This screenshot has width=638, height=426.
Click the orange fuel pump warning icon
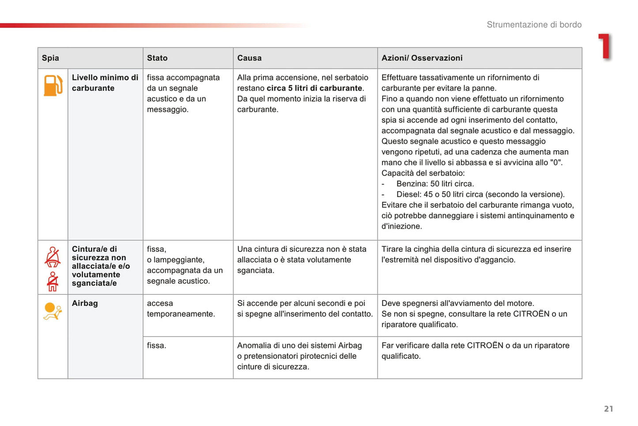coord(53,85)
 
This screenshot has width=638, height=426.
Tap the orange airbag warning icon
coord(52,311)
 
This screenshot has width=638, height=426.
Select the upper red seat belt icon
coord(53,257)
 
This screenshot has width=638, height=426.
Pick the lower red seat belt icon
coord(53,281)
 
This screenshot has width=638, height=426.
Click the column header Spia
coord(50,58)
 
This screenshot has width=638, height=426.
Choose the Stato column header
coord(157,58)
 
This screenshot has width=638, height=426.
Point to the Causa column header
coord(249,58)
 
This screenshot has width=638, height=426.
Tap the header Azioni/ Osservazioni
coord(422,58)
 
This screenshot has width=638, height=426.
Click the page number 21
coord(608,409)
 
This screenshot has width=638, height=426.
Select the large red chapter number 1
coord(605,46)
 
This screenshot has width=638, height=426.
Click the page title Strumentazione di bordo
coord(534,25)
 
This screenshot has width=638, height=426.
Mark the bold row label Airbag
coord(85,303)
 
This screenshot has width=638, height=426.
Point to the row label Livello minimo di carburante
coord(105,83)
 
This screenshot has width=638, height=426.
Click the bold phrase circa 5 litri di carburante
coord(314,88)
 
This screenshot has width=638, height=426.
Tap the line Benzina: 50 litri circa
coord(434,183)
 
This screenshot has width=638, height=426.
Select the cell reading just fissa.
coord(156,346)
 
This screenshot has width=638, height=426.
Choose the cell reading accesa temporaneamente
coord(181,308)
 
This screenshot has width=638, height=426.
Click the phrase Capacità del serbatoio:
coord(423,173)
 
